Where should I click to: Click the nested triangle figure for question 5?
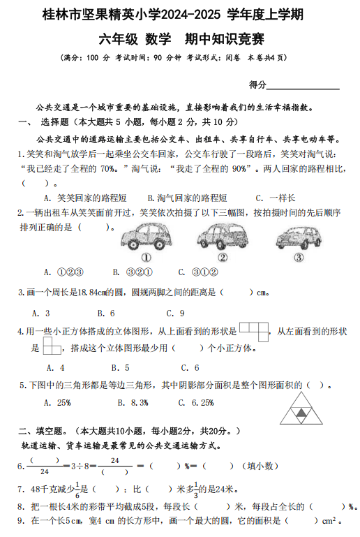coord(301,407)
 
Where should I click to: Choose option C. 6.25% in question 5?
coord(196,402)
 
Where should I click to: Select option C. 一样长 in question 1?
coord(275,198)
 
